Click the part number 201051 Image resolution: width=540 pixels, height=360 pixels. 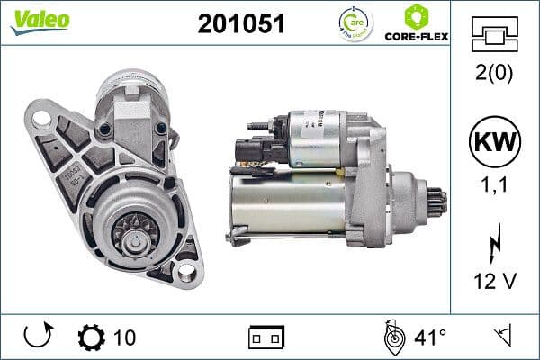[x=240, y=24]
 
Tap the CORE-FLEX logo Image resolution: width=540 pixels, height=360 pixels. [x=415, y=24]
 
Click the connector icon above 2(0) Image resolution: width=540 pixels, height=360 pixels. [x=496, y=36]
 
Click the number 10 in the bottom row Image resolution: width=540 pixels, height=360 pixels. [x=125, y=337]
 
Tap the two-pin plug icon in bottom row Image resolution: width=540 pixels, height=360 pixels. [x=266, y=337]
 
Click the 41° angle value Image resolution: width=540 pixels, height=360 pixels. [x=429, y=337]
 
